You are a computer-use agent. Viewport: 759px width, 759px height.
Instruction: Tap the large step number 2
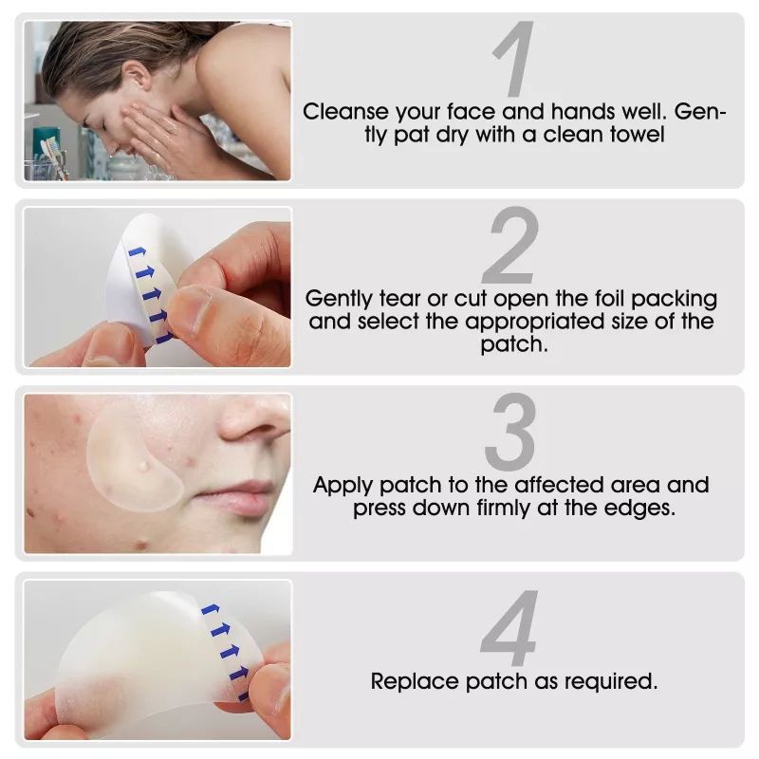[x=510, y=245]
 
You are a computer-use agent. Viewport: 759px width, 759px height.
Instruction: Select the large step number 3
[x=510, y=432]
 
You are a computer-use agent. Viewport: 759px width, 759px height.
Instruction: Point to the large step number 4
[x=509, y=627]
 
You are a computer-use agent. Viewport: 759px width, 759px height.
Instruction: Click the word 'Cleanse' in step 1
[x=345, y=112]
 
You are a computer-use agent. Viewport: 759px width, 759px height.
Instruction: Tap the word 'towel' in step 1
[x=637, y=135]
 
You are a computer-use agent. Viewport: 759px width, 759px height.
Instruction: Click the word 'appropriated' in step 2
[x=535, y=323]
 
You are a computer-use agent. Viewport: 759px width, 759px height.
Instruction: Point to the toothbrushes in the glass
[x=52, y=155]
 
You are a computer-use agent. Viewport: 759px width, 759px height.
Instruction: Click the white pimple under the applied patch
[x=143, y=466]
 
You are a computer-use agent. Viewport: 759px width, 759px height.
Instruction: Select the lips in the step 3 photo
[x=236, y=497]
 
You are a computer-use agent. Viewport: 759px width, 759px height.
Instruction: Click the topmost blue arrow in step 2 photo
[x=137, y=251]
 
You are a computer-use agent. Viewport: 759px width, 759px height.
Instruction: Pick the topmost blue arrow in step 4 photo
[x=211, y=609]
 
